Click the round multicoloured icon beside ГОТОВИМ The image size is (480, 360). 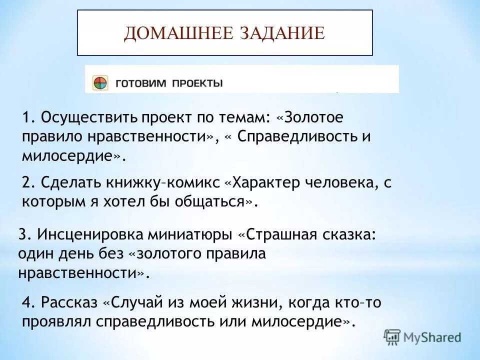100,82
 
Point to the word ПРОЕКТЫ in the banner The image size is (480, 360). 197,83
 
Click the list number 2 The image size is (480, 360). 27,183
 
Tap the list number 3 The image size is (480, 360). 23,235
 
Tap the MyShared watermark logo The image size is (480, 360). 422,337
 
